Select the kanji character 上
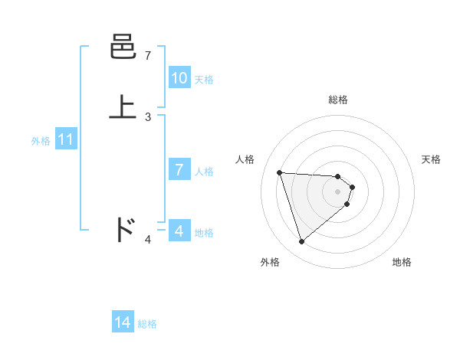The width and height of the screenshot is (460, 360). (x=123, y=106)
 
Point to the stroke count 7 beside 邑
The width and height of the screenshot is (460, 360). (x=148, y=56)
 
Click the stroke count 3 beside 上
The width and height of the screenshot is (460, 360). (x=148, y=116)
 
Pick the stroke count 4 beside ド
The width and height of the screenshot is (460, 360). (x=148, y=240)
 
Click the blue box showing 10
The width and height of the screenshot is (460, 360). (x=179, y=78)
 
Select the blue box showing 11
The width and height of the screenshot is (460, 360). (x=66, y=140)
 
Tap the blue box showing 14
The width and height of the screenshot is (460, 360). (x=123, y=323)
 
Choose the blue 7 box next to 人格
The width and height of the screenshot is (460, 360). (x=179, y=170)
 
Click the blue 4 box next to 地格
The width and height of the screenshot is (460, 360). (x=179, y=231)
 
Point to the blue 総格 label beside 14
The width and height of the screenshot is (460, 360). (x=147, y=324)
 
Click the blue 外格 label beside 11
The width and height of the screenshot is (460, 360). (x=41, y=141)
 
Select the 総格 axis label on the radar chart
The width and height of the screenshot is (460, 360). (x=338, y=100)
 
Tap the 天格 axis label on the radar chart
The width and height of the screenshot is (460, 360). (x=431, y=159)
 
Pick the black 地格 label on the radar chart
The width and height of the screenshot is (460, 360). (x=402, y=262)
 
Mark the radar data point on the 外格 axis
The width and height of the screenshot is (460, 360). (x=301, y=242)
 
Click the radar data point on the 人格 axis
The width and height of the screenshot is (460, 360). (x=279, y=172)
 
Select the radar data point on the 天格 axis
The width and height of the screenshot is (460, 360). (x=352, y=187)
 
